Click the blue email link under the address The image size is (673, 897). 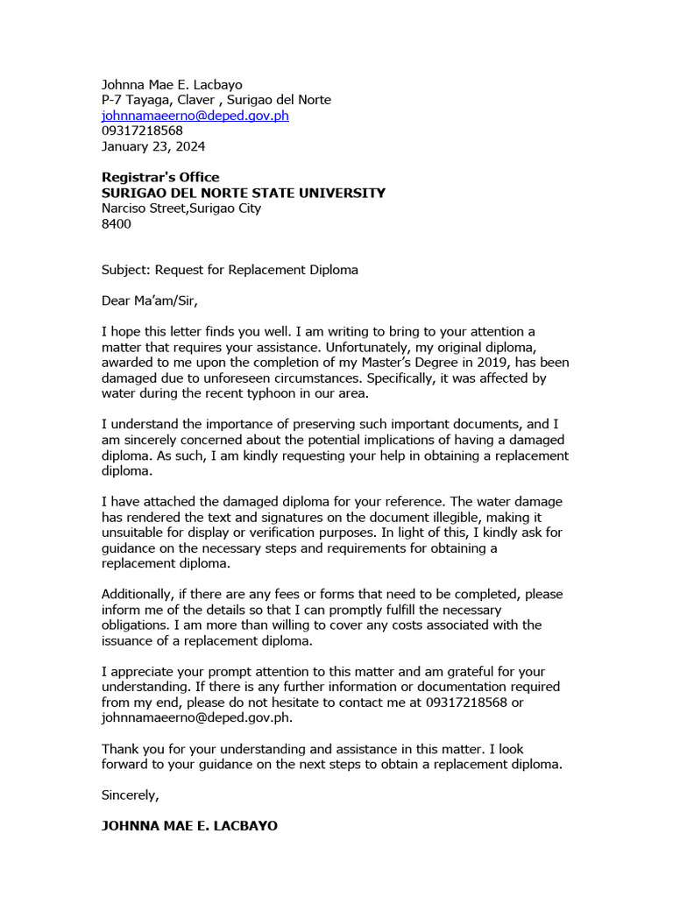(x=195, y=115)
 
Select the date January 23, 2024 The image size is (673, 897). (x=153, y=146)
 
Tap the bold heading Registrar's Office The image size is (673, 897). (x=160, y=177)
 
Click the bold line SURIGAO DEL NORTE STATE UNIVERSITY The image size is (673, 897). (x=243, y=193)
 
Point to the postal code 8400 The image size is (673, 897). (x=117, y=223)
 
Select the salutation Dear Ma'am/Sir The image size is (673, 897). (x=150, y=300)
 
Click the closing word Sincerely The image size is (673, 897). (x=130, y=795)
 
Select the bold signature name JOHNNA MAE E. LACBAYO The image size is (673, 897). (x=189, y=825)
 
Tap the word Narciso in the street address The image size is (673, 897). (x=125, y=208)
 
